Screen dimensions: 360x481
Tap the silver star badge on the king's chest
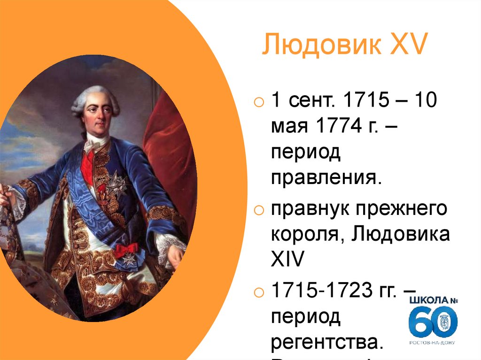click(x=115, y=183)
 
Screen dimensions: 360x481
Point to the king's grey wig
click(x=94, y=96)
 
